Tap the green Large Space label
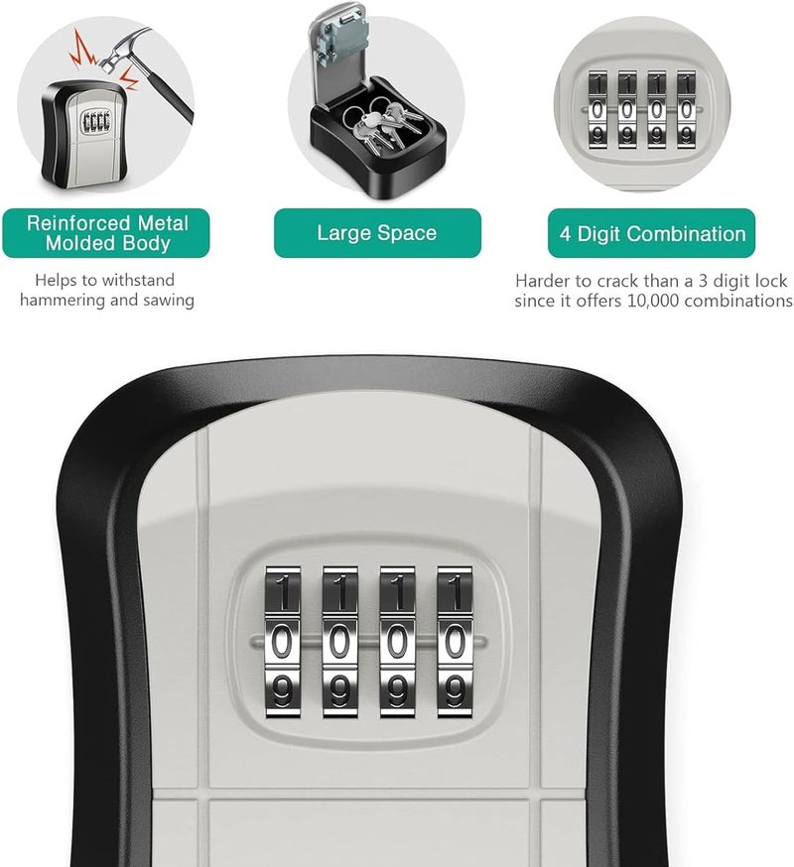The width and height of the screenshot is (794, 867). [x=377, y=234]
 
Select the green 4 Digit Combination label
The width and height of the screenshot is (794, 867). [x=651, y=234]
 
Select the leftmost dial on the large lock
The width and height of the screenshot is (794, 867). [x=283, y=640]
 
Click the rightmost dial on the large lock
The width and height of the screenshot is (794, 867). [x=456, y=640]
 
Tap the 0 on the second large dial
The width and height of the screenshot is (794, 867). [x=340, y=641]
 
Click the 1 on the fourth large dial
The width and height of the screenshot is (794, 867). [x=456, y=593]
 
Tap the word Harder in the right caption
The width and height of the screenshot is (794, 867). [x=544, y=281]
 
